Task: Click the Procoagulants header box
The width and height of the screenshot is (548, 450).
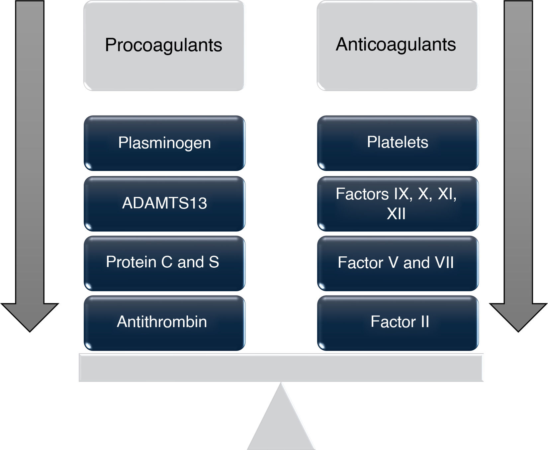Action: click(x=164, y=45)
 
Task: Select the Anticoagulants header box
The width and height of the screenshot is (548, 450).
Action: click(x=397, y=45)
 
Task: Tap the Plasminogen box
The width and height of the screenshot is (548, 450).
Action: click(x=164, y=143)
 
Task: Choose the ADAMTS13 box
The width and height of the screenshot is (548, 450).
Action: click(x=164, y=204)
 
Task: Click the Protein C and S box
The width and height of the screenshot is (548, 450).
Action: click(x=164, y=263)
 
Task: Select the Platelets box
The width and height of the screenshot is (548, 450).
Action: click(x=398, y=143)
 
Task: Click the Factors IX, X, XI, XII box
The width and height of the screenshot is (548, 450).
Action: click(x=398, y=204)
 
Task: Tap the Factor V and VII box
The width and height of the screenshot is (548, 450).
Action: click(x=398, y=263)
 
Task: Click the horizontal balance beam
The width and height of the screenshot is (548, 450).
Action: click(x=281, y=368)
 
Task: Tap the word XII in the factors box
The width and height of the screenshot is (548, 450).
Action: click(x=396, y=214)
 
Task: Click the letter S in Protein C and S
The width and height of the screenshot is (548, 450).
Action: click(x=214, y=262)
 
